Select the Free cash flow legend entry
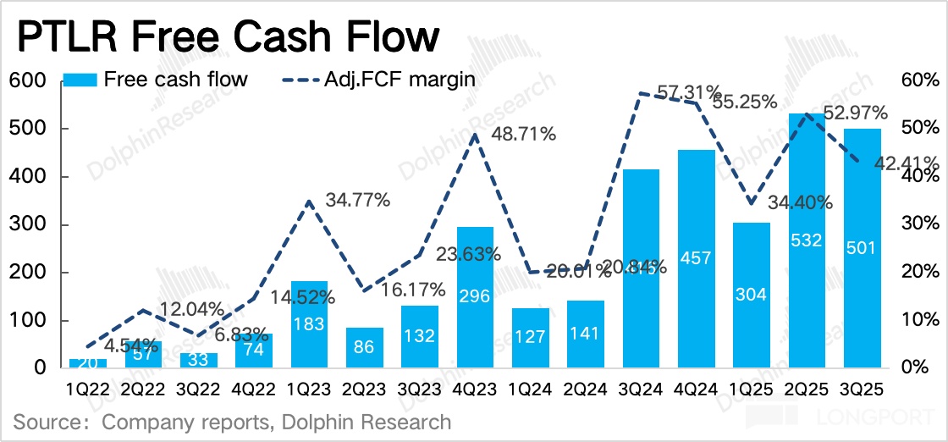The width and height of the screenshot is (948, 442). click(x=156, y=80)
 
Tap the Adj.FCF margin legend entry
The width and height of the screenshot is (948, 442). click(x=377, y=80)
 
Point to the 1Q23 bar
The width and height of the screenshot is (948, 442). click(x=309, y=325)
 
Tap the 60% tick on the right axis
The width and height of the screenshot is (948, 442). click(x=920, y=81)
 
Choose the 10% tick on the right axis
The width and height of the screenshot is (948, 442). click(x=920, y=321)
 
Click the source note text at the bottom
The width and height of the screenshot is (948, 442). click(x=232, y=421)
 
